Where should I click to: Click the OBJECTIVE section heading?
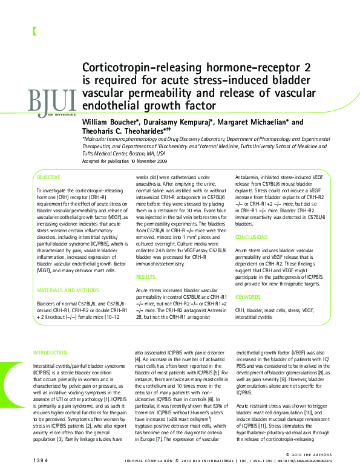click(x=48, y=177)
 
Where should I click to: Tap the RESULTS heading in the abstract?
click(x=146, y=277)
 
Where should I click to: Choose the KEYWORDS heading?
click(x=247, y=297)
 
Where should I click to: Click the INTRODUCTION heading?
click(x=50, y=352)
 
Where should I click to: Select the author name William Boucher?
click(x=108, y=122)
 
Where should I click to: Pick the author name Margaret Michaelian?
click(x=254, y=122)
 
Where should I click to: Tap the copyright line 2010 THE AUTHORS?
click(x=326, y=454)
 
